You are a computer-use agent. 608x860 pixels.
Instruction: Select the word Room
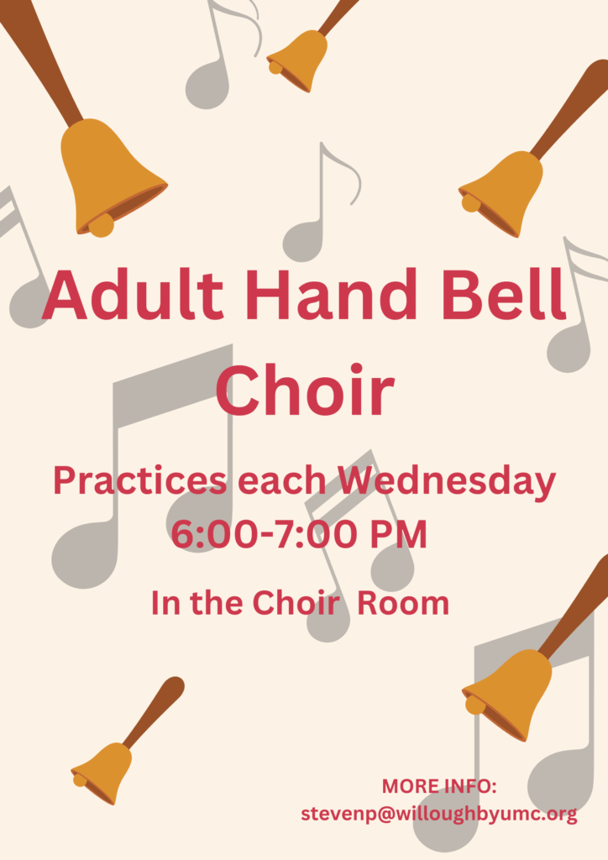coord(403,603)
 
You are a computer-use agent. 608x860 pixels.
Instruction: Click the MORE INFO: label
coord(439,786)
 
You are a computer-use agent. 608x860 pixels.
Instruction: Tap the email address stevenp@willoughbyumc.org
coord(439,814)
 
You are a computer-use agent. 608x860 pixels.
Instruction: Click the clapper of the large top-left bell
coord(102,225)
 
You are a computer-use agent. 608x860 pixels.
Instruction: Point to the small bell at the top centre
coord(298,60)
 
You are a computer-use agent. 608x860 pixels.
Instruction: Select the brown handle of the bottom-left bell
coord(154,711)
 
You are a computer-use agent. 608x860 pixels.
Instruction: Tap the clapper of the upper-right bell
coord(471,202)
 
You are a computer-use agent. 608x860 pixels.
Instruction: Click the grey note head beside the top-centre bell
coord(206,86)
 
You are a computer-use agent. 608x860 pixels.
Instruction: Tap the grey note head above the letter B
coord(303,241)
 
